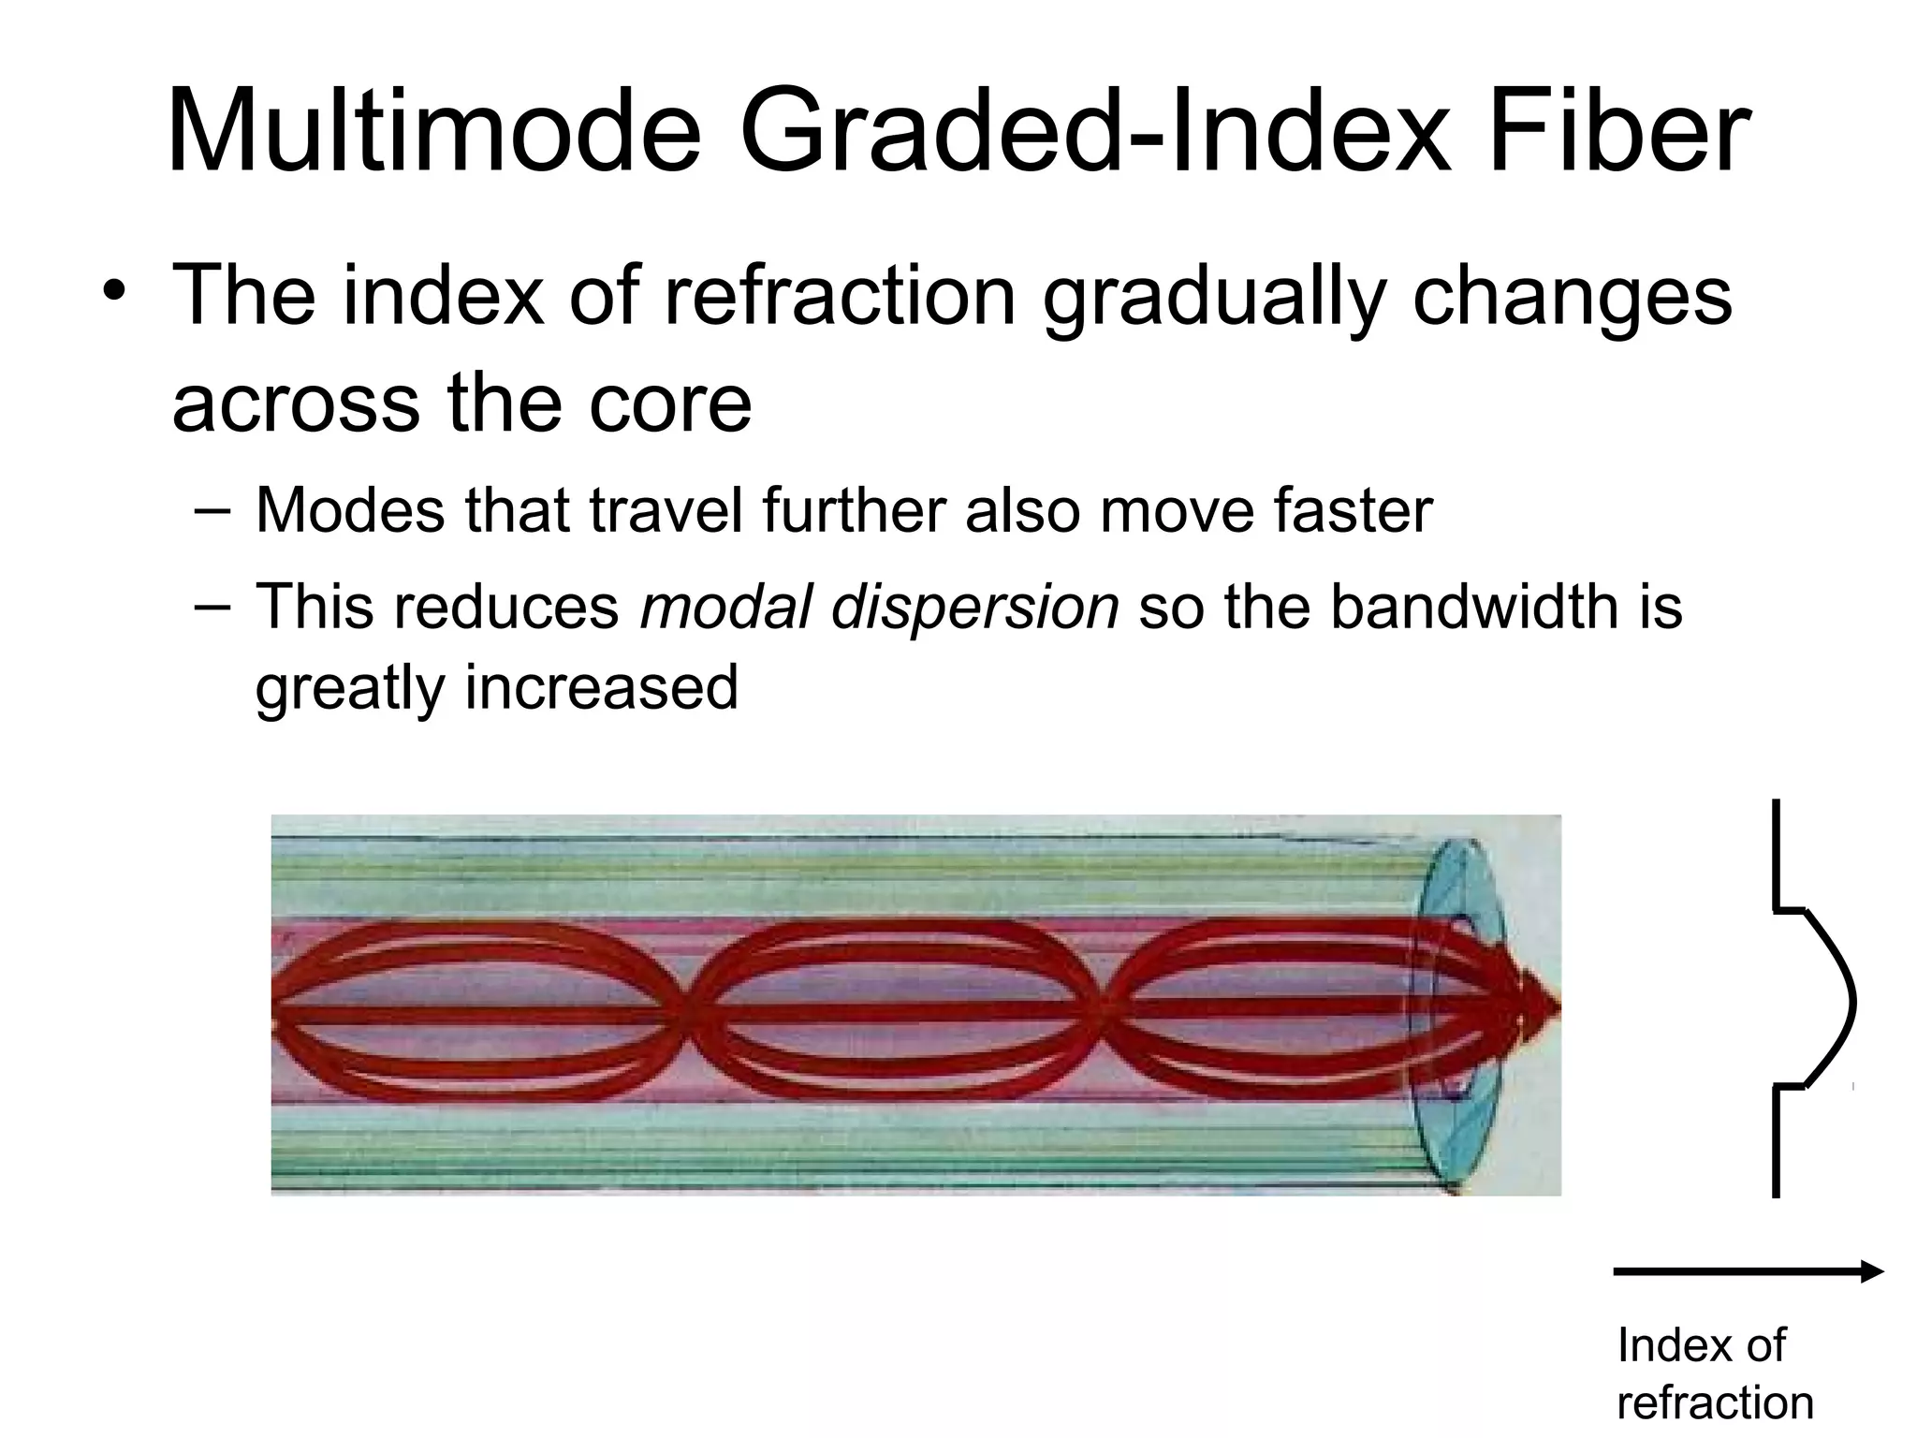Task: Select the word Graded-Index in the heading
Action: click(1094, 133)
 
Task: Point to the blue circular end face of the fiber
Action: click(1460, 1016)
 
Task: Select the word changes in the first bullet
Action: click(1572, 298)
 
